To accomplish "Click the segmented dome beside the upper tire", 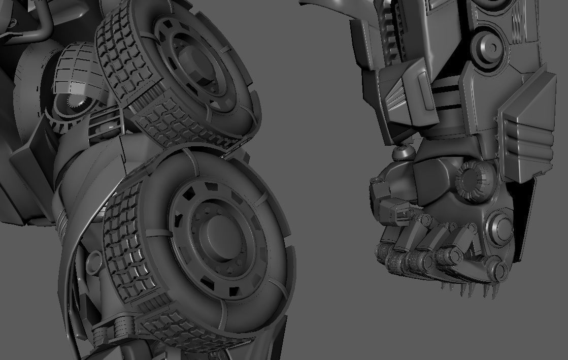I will [76, 71].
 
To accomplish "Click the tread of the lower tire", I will [127, 244].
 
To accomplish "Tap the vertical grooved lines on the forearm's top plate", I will [518, 20].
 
